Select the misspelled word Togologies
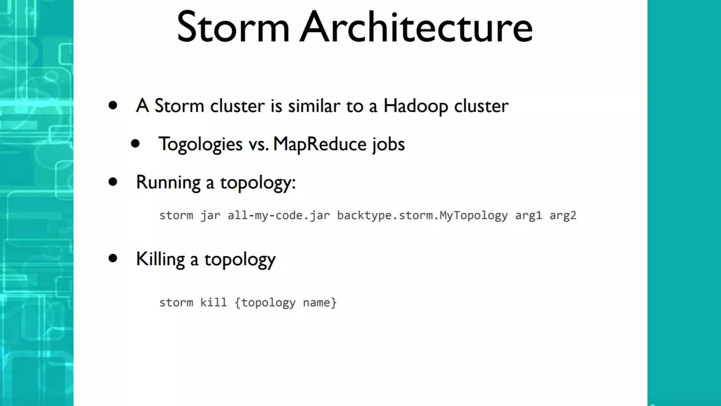[200, 144]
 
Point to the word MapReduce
[320, 144]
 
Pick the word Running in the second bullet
[168, 183]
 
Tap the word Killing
[160, 259]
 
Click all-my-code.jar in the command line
[279, 215]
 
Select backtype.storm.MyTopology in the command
[422, 215]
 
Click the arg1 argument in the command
[528, 215]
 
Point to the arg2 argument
[563, 215]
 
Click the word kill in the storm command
[213, 302]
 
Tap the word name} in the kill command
[320, 302]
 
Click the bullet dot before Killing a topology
[113, 258]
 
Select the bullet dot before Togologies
[135, 143]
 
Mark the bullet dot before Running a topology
[113, 182]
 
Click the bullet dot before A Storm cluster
[113, 105]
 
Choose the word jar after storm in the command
[210, 215]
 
